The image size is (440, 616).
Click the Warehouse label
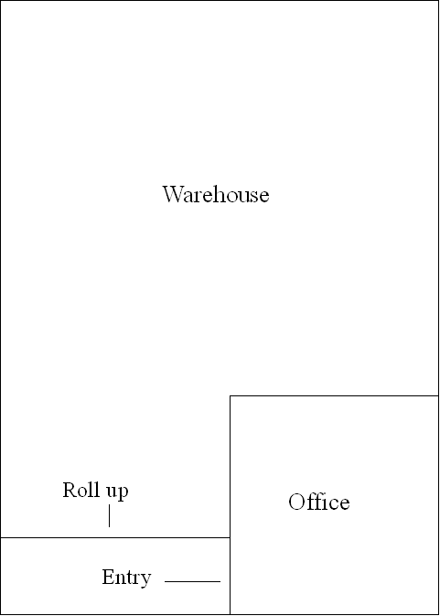pos(216,194)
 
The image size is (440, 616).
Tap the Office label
pos(318,502)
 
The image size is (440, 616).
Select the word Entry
pos(126,578)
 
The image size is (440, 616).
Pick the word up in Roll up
pos(117,492)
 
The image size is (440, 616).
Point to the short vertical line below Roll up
pos(109,516)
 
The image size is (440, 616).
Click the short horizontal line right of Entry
pos(192,581)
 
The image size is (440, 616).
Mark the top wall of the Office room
pos(334,395)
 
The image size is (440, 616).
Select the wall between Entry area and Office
pos(230,576)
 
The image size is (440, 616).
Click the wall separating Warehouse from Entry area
pos(115,537)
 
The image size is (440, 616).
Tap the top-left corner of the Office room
pos(230,395)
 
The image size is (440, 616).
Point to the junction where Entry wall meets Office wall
pos(230,537)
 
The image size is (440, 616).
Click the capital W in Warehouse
pos(172,194)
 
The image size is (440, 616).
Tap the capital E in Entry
pos(108,577)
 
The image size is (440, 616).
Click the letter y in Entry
pos(146,580)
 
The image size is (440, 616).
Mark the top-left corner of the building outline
pos(1,1)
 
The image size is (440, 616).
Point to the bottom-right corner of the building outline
pos(438,614)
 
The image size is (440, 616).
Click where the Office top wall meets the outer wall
pos(438,395)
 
